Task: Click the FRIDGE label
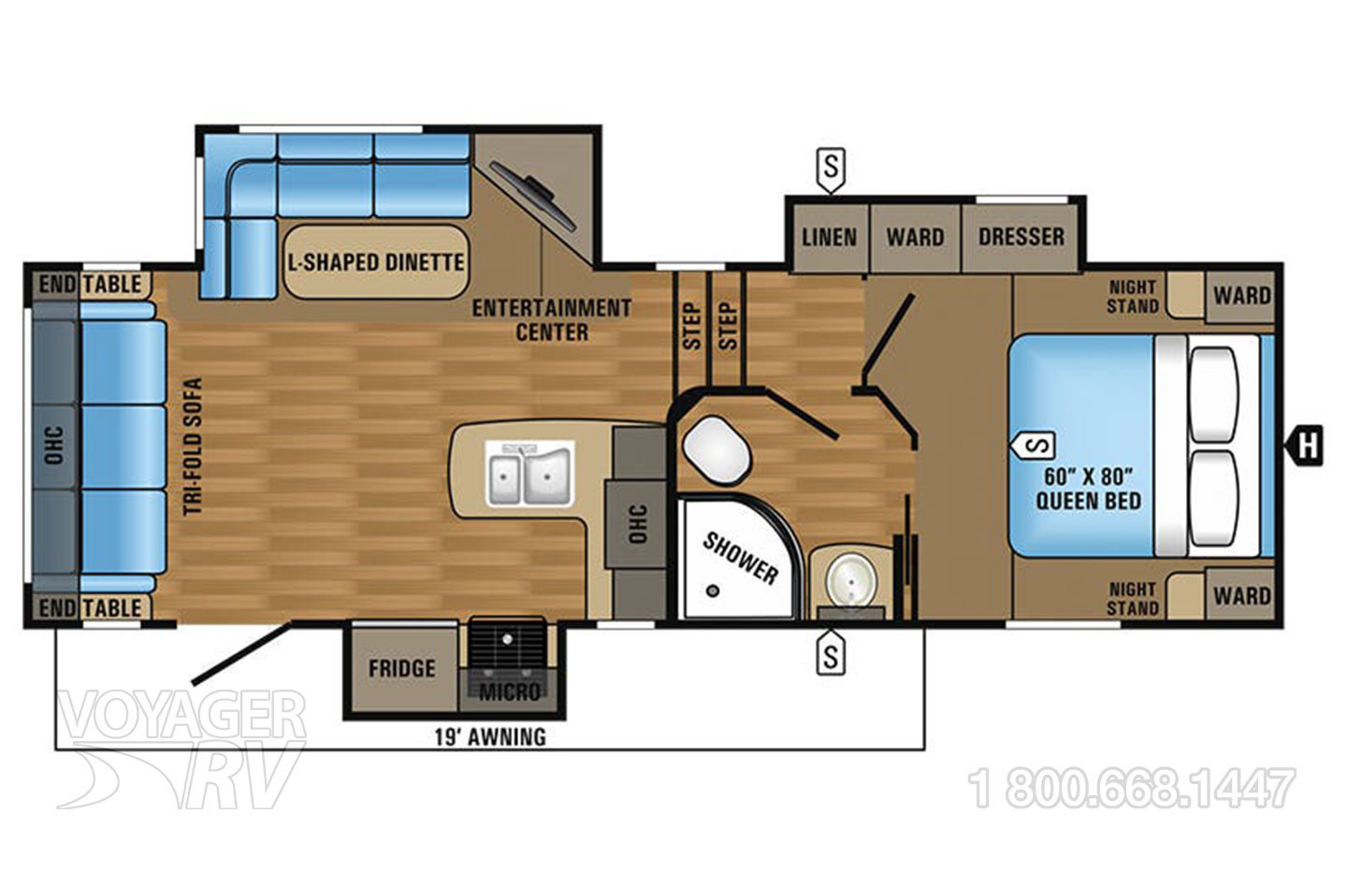point(401,669)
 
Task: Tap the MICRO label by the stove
point(510,692)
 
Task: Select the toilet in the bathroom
point(717,451)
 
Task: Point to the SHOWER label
point(740,559)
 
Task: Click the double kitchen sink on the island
point(529,473)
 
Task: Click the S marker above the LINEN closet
point(831,169)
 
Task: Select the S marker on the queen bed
point(1032,445)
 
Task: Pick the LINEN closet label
point(829,238)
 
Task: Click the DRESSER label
point(1021,237)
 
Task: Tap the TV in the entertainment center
point(533,196)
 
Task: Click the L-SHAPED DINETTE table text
point(376,262)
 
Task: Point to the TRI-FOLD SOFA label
point(192,446)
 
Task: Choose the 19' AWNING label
point(490,736)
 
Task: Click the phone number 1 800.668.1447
point(1131,789)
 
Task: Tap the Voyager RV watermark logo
point(181,749)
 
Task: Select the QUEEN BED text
point(1088,501)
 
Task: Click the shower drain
point(713,590)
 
